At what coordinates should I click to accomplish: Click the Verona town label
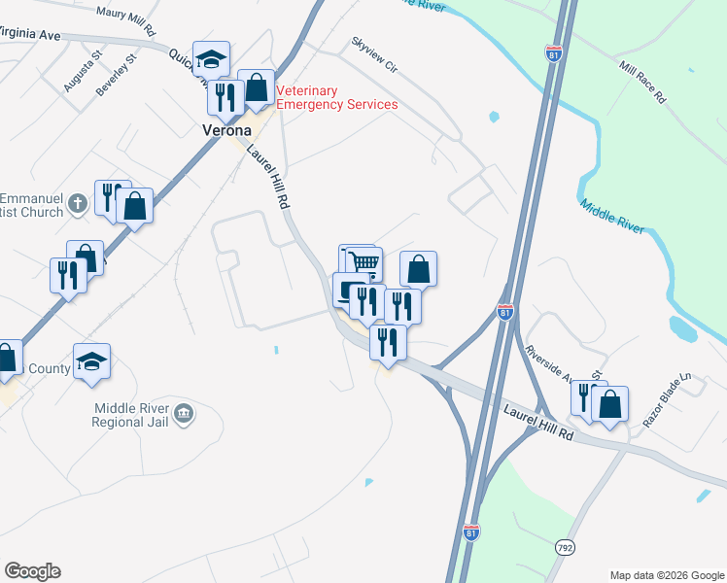pyautogui.click(x=227, y=130)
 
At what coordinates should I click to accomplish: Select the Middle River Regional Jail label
pyautogui.click(x=131, y=415)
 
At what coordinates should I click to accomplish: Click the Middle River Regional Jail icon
pyautogui.click(x=185, y=416)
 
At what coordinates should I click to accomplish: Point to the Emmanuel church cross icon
pyautogui.click(x=80, y=202)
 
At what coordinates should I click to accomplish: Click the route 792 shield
pyautogui.click(x=566, y=547)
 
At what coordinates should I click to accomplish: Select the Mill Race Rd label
pyautogui.click(x=641, y=83)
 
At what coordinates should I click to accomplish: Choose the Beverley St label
pyautogui.click(x=117, y=73)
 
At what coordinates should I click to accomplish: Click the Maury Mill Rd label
pyautogui.click(x=126, y=20)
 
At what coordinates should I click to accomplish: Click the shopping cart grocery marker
pyautogui.click(x=363, y=262)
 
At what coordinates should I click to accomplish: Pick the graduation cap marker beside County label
pyautogui.click(x=91, y=361)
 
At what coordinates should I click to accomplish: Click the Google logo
pyautogui.click(x=32, y=571)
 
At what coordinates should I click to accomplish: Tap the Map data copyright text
pyautogui.click(x=667, y=575)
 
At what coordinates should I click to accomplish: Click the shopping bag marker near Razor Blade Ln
pyautogui.click(x=609, y=404)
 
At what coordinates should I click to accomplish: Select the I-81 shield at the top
pyautogui.click(x=554, y=53)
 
